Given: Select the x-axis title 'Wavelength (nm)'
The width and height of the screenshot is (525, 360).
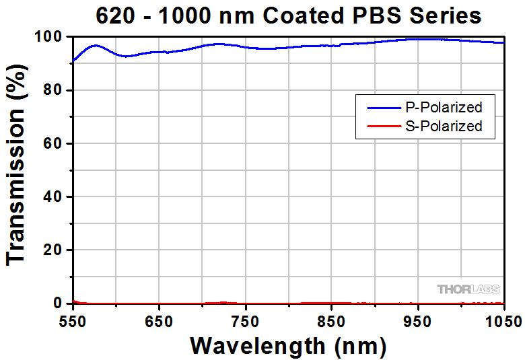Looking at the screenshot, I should [288, 345].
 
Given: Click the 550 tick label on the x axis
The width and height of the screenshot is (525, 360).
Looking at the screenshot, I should [72, 320].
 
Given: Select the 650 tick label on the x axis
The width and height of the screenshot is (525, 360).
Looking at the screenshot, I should [158, 320].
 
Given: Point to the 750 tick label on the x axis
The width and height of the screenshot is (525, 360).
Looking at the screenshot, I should [245, 320].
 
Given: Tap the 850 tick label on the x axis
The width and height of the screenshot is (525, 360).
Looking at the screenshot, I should [331, 320].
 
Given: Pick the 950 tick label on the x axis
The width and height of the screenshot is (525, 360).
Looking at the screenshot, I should [418, 320].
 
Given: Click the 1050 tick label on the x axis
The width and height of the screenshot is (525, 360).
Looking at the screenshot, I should [503, 320].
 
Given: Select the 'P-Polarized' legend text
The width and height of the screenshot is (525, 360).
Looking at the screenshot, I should [444, 107].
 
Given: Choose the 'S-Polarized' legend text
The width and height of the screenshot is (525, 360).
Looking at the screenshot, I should [444, 126].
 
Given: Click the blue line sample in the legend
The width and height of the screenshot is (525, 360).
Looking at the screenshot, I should [382, 107].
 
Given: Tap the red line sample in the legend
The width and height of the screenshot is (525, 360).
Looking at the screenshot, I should [382, 126].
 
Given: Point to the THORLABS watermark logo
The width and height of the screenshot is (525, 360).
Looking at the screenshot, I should [469, 289].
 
